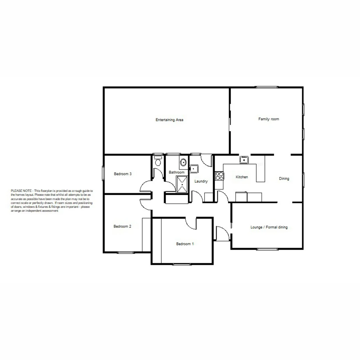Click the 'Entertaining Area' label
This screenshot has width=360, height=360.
pyautogui.click(x=170, y=120)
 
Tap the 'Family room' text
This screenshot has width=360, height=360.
pyautogui.click(x=269, y=119)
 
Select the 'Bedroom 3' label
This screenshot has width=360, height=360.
pyautogui.click(x=123, y=174)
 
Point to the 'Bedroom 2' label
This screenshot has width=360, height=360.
pyautogui.click(x=122, y=226)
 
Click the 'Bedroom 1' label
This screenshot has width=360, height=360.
pyautogui.click(x=185, y=244)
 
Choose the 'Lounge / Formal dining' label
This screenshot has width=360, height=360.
pyautogui.click(x=269, y=227)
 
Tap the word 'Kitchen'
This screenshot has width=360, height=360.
pyautogui.click(x=242, y=177)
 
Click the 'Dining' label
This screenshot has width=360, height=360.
pyautogui.click(x=284, y=179)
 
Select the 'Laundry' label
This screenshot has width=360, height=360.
pyautogui.click(x=201, y=181)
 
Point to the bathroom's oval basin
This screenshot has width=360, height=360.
pyautogui.click(x=183, y=162)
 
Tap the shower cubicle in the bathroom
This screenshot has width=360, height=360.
pyautogui.click(x=182, y=184)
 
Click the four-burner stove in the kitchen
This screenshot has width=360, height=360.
pyautogui.click(x=219, y=176)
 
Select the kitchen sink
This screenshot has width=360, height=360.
pyautogui.click(x=244, y=160)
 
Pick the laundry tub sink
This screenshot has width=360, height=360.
pyautogui.click(x=194, y=169)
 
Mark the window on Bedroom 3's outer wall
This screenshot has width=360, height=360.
pyautogui.click(x=104, y=173)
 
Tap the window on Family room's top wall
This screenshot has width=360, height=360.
pyautogui.click(x=267, y=87)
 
